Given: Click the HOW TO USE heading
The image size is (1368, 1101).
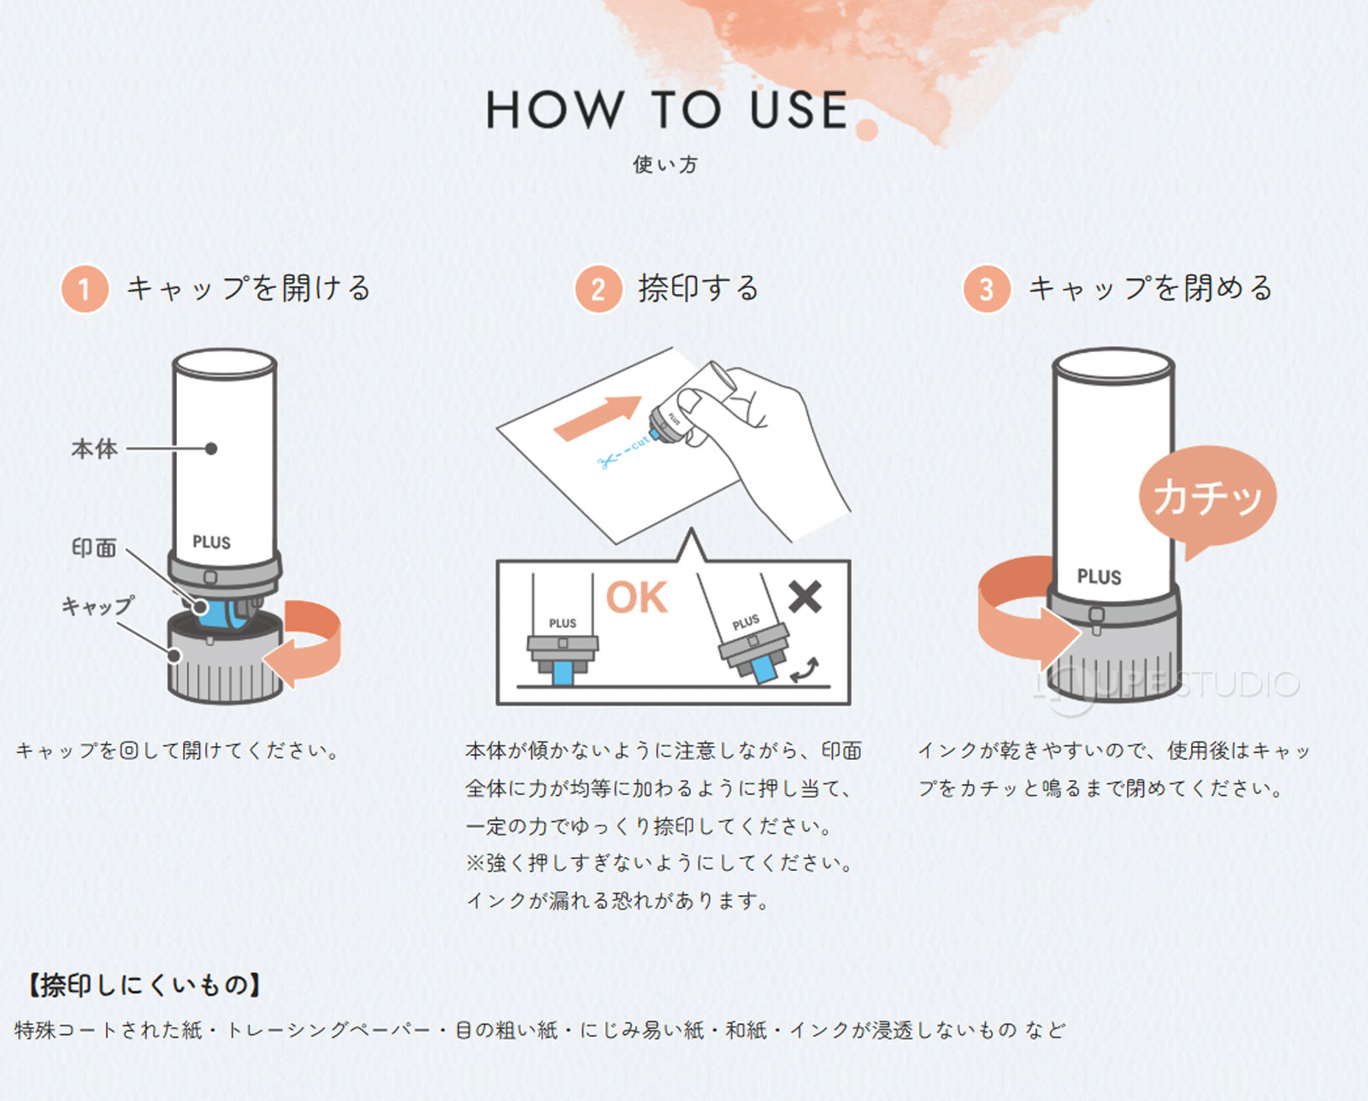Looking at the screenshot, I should point(667,110).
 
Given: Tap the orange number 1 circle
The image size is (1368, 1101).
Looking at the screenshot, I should point(84,289).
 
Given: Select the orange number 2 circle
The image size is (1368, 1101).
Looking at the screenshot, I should point(598,289).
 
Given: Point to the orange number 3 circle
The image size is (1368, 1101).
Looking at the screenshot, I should point(986,289).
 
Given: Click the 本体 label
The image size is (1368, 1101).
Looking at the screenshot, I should point(94,449).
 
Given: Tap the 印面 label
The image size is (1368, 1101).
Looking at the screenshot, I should point(94,548).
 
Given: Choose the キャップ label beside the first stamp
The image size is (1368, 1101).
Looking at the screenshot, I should point(97,606).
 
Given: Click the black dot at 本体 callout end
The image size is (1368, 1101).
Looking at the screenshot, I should point(211,449).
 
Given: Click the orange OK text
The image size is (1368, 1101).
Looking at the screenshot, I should point(636,598).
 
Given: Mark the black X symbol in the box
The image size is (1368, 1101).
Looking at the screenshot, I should point(805,597).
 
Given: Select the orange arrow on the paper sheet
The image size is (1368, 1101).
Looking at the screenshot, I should point(598,417).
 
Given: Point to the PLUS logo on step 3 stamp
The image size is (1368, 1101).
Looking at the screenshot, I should point(1099,577).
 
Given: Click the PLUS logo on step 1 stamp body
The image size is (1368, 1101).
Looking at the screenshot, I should point(211,542).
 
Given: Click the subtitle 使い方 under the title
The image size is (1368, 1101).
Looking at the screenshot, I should point(665,164).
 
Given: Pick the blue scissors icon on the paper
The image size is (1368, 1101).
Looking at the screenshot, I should point(607,462).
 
